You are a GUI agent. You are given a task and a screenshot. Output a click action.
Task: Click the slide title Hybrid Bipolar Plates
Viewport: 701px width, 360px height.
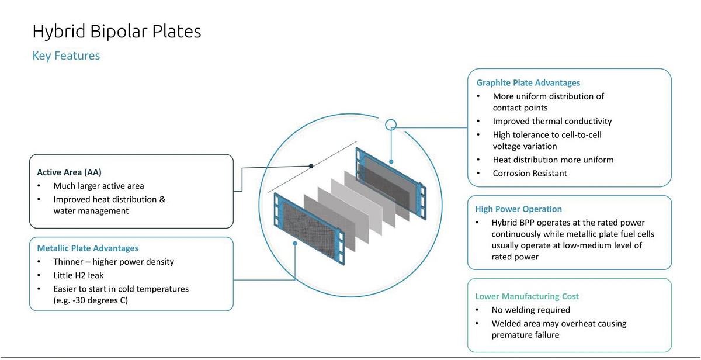pyautogui.click(x=117, y=31)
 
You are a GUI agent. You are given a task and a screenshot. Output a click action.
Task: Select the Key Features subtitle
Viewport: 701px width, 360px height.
pyautogui.click(x=66, y=56)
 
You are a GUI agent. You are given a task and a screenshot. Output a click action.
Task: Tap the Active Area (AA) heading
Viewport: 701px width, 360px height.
pyautogui.click(x=69, y=172)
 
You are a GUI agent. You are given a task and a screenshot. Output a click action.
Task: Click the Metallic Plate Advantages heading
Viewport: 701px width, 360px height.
pyautogui.click(x=88, y=248)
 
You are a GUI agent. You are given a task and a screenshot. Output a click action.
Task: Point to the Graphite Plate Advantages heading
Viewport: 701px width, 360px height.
pyautogui.click(x=528, y=83)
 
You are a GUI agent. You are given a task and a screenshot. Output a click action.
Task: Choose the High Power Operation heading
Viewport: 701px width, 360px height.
pyautogui.click(x=518, y=209)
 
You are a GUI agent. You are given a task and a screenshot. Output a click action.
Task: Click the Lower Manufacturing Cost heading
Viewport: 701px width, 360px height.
pyautogui.click(x=527, y=296)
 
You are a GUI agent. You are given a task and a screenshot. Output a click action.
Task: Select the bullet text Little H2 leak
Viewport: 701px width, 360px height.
pyautogui.click(x=79, y=275)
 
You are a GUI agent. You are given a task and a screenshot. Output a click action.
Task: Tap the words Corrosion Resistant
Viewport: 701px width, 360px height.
pyautogui.click(x=530, y=174)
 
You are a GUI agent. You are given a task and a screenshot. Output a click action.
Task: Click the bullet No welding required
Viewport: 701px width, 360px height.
pyautogui.click(x=530, y=310)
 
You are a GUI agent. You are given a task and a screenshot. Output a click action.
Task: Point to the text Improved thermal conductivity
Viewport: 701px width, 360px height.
pyautogui.click(x=552, y=122)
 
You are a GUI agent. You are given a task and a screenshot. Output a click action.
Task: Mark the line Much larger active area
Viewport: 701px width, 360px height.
pyautogui.click(x=99, y=186)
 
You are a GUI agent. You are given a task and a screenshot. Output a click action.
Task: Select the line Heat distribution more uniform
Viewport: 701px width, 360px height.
pyautogui.click(x=553, y=160)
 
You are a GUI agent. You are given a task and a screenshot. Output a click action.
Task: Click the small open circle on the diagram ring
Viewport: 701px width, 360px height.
pyautogui.click(x=391, y=124)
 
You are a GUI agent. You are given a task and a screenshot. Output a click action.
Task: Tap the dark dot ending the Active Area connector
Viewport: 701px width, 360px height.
pyautogui.click(x=311, y=166)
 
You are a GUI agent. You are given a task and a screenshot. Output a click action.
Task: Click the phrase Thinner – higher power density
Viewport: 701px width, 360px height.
pyautogui.click(x=114, y=262)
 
